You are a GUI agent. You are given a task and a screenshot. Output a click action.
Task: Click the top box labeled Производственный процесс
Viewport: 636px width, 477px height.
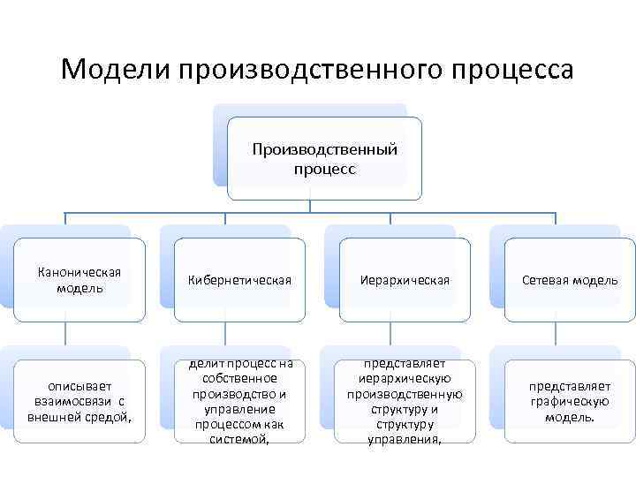324,158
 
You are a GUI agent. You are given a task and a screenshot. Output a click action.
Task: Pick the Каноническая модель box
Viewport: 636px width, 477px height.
79,279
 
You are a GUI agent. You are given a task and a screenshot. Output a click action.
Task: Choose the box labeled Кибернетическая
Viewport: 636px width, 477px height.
239,280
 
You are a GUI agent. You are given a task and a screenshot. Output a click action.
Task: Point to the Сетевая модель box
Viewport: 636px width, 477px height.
570,280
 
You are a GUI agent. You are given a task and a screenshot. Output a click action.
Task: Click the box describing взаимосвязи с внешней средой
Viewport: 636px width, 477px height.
79,401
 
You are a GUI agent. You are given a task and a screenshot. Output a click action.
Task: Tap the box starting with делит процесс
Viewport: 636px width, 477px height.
239,401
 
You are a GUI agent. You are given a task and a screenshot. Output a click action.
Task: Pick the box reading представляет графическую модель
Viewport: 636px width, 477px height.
570,401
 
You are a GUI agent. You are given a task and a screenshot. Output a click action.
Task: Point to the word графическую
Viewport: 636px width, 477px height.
570,401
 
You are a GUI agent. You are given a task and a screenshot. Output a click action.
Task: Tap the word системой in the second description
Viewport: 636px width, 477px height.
239,438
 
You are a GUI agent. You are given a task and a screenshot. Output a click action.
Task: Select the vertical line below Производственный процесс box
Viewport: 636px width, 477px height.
310,207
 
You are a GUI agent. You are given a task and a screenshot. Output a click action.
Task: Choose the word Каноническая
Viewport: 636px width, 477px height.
79,272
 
